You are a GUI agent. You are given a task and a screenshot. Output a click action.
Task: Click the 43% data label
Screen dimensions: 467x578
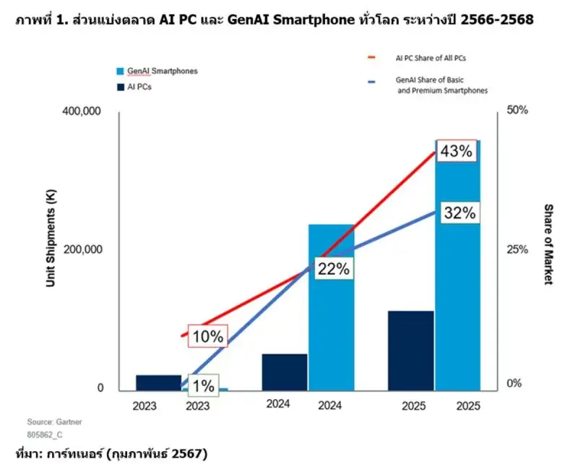tap(457, 151)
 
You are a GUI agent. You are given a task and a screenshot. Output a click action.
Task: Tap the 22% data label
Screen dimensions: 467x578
tap(332, 268)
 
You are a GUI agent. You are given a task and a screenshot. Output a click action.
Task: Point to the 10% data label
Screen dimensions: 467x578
tap(208, 336)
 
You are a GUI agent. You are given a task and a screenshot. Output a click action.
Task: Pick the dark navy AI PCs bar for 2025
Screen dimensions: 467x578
tap(410, 350)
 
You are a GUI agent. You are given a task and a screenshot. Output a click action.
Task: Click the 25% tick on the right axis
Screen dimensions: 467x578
tap(517, 249)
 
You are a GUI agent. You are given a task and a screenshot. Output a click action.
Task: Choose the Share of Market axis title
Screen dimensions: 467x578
tap(547, 244)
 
